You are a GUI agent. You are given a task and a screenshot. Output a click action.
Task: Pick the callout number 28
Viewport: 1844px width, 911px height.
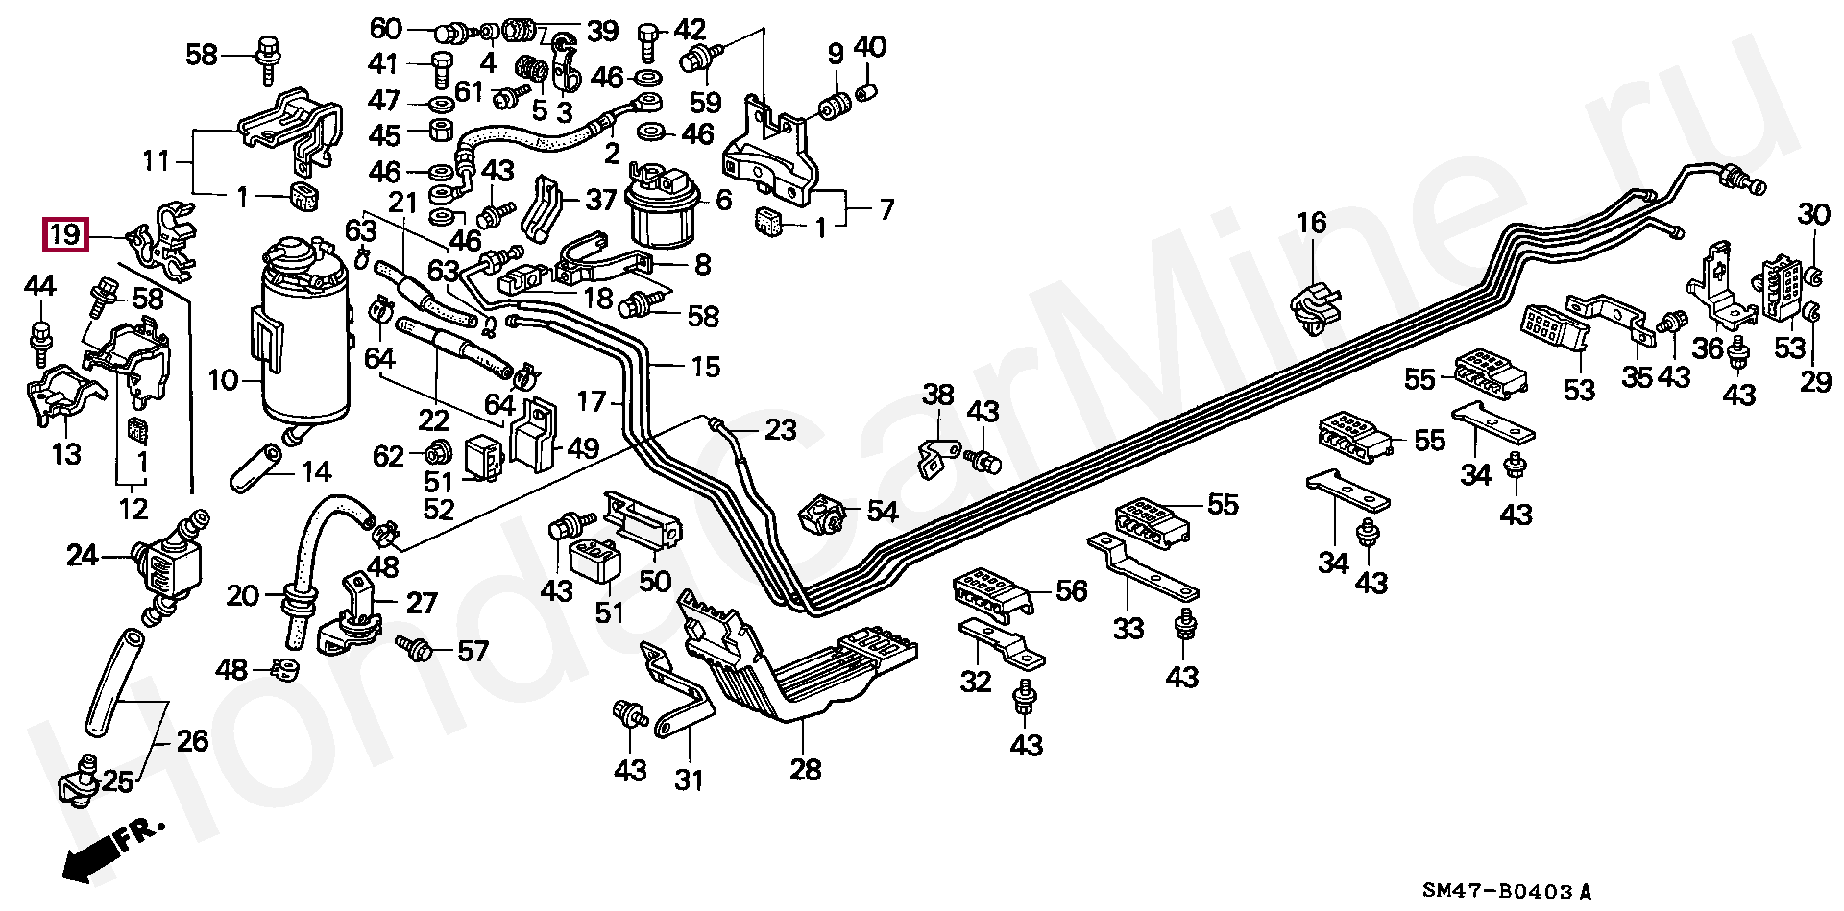pyautogui.click(x=806, y=769)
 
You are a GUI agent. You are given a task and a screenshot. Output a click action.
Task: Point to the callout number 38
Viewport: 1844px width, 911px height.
pyautogui.click(x=939, y=394)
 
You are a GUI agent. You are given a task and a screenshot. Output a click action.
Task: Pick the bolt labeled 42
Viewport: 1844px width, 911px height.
pyautogui.click(x=647, y=39)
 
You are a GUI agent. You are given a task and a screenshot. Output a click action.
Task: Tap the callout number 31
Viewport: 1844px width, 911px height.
pyautogui.click(x=689, y=779)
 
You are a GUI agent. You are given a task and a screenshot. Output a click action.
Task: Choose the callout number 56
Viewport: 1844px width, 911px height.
pyautogui.click(x=1071, y=590)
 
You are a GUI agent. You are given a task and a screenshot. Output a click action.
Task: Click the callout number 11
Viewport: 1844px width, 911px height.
pyautogui.click(x=156, y=160)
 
